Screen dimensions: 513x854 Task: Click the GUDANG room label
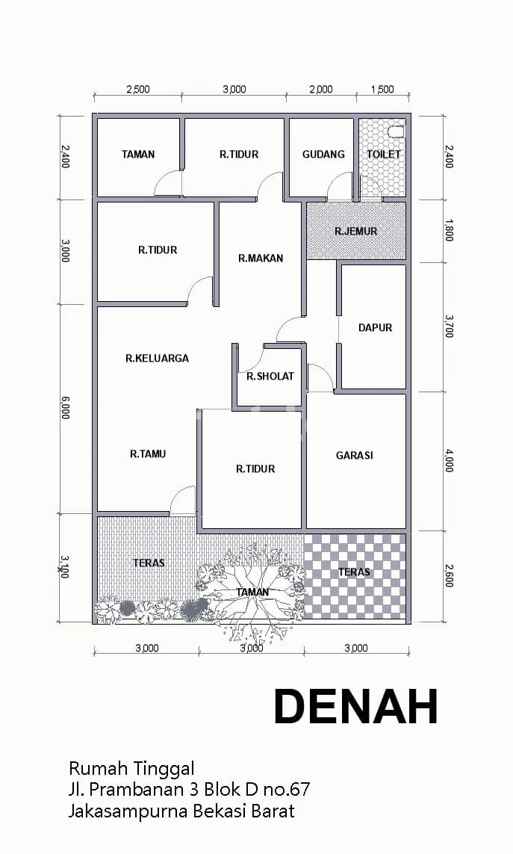pyautogui.click(x=323, y=154)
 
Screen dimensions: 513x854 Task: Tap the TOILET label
pyautogui.click(x=383, y=154)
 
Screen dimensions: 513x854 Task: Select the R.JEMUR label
pyautogui.click(x=355, y=231)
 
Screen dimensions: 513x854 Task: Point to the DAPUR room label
pyautogui.click(x=375, y=327)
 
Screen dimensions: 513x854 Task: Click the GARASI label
pyautogui.click(x=355, y=455)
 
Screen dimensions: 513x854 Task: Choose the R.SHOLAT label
pyautogui.click(x=270, y=376)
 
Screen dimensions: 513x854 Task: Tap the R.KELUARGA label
pyautogui.click(x=157, y=358)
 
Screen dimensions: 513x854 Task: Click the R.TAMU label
pyautogui.click(x=148, y=453)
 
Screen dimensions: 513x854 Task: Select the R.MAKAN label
pyautogui.click(x=261, y=258)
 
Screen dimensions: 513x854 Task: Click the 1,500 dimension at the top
pyautogui.click(x=382, y=90)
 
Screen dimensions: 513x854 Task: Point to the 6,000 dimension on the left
pyautogui.click(x=66, y=408)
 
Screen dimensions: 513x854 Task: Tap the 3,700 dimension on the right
pyautogui.click(x=449, y=326)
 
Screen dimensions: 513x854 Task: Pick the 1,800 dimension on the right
pyautogui.click(x=449, y=230)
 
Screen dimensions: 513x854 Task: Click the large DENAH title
pyautogui.click(x=356, y=706)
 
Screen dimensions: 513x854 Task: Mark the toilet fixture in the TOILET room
pyautogui.click(x=396, y=131)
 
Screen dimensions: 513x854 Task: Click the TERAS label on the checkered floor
pyautogui.click(x=354, y=572)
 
